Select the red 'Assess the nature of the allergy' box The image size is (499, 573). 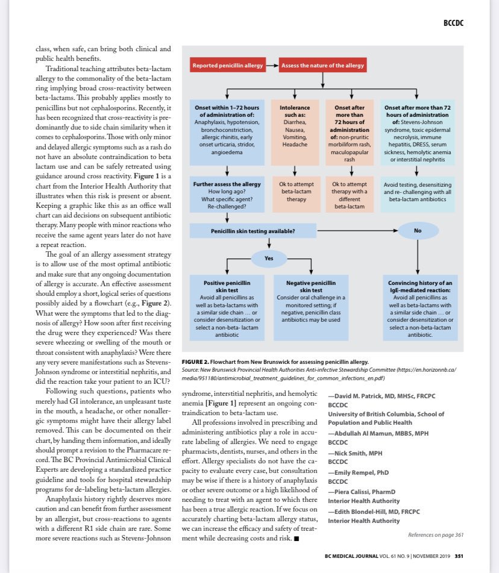click(322, 64)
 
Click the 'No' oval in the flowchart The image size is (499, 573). click(418, 230)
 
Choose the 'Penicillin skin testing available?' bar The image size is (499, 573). click(252, 230)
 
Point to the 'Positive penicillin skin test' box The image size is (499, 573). click(227, 307)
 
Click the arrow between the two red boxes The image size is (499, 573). click(272, 64)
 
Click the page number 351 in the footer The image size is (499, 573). click(459, 556)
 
